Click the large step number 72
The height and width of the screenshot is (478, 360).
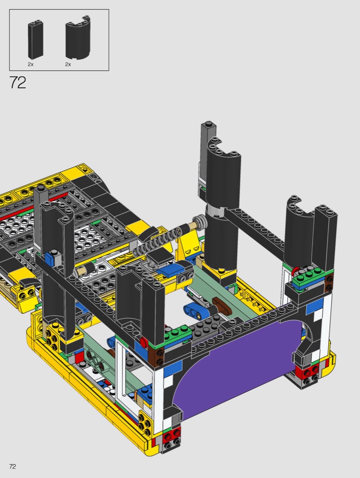(x=18, y=82)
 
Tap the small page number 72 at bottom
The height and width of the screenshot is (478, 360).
(x=12, y=467)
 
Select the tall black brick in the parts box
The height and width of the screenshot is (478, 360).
(x=36, y=40)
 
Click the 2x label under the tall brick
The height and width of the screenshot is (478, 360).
(x=31, y=64)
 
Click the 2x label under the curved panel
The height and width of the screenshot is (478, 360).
(x=68, y=64)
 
